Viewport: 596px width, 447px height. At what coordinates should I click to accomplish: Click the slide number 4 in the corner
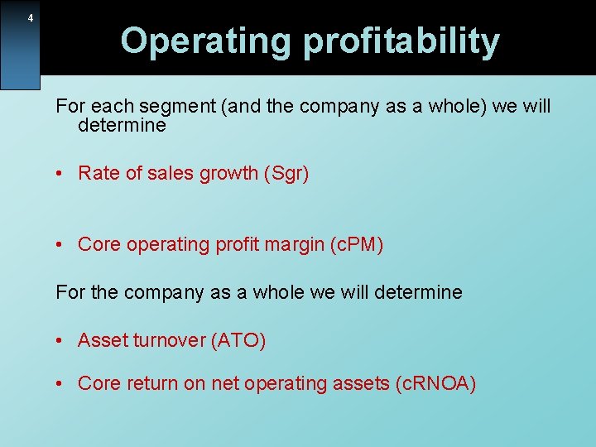click(x=31, y=18)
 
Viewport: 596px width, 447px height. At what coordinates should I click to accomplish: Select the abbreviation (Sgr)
click(x=286, y=174)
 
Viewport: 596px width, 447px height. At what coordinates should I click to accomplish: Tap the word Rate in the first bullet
click(x=96, y=174)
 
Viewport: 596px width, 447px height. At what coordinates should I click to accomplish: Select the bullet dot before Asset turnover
click(x=60, y=341)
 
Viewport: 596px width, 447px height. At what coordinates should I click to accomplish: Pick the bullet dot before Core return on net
click(x=60, y=384)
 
